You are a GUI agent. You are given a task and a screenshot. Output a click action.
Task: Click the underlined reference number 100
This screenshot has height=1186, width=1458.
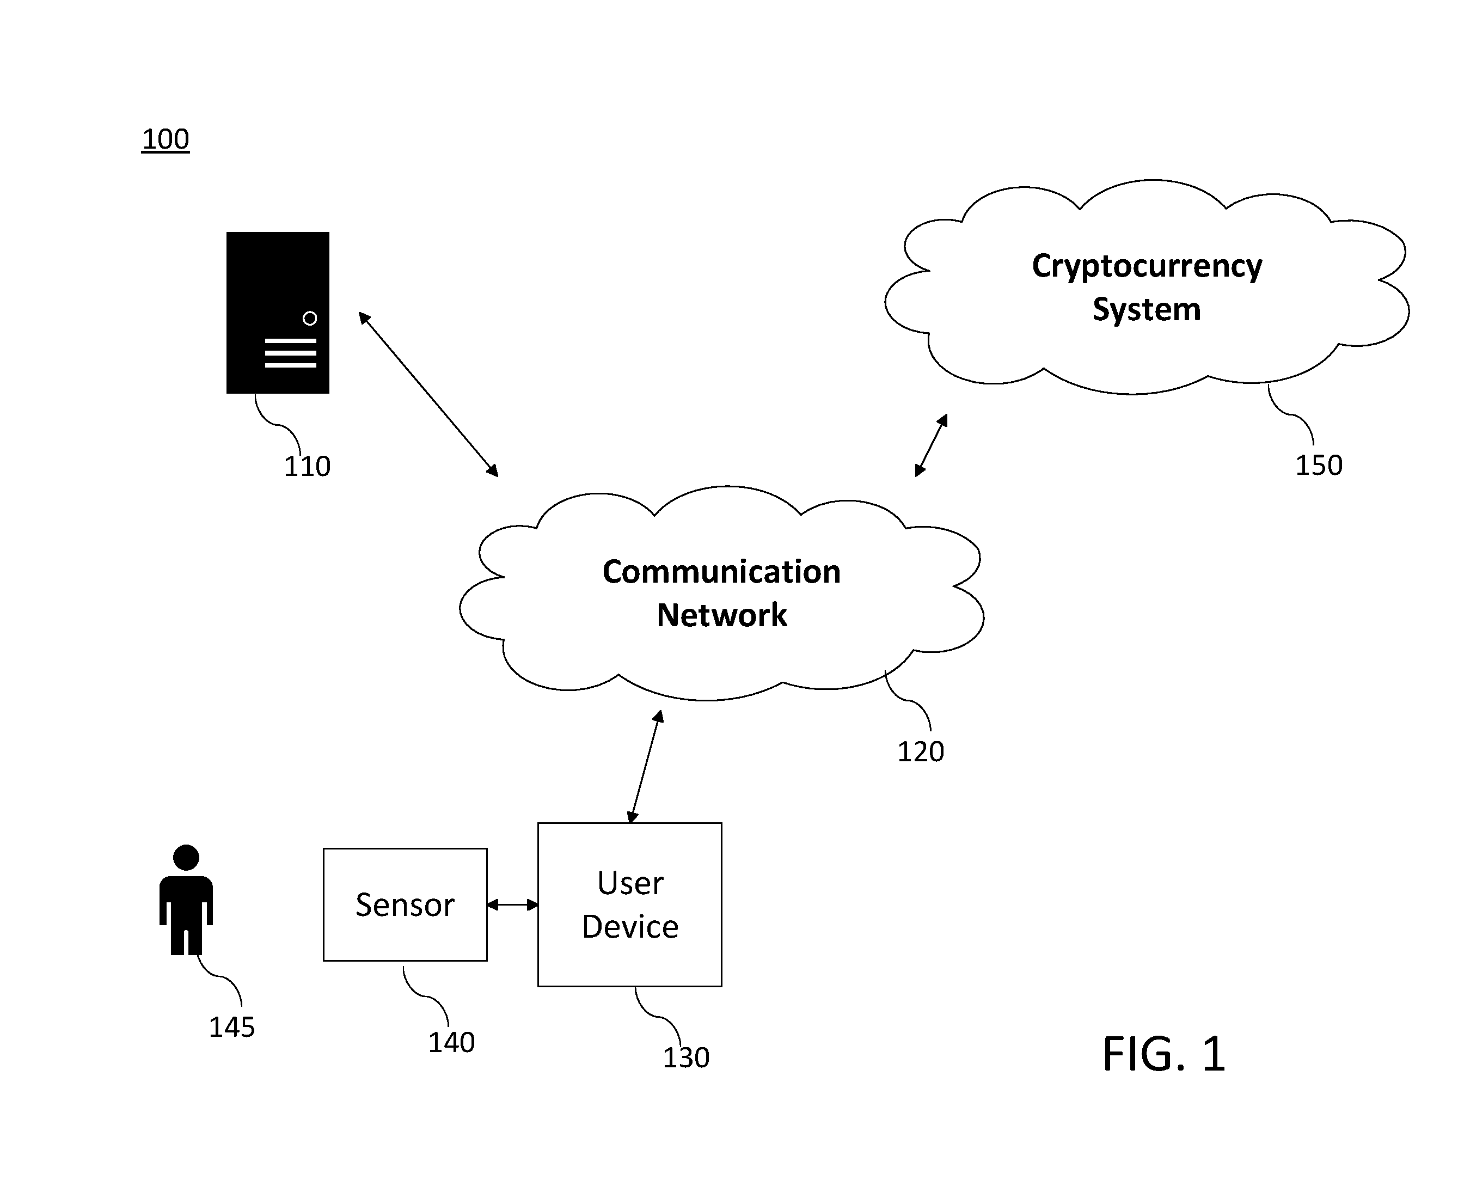166,139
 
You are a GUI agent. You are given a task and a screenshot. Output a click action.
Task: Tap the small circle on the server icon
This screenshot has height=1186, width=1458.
309,319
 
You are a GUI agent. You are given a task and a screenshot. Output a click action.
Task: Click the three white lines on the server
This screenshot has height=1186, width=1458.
290,353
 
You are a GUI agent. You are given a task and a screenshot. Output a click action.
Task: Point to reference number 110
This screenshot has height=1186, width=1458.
307,467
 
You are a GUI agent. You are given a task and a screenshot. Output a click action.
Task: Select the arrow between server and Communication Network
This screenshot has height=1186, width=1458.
428,394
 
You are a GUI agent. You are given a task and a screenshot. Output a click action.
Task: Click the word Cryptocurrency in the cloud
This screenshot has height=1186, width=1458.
1147,266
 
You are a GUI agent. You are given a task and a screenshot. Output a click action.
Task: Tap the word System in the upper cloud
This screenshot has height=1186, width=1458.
1146,309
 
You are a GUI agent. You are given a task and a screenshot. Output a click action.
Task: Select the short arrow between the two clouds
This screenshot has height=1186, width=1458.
931,445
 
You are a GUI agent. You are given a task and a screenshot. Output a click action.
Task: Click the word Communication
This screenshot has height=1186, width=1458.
721,572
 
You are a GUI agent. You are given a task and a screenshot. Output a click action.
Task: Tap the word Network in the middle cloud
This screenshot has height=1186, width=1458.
721,615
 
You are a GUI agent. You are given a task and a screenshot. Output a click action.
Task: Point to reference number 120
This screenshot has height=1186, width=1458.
920,752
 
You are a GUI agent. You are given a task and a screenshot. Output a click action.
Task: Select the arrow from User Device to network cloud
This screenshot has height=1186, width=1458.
645,767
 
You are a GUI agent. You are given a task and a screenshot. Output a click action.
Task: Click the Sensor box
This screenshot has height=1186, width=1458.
405,904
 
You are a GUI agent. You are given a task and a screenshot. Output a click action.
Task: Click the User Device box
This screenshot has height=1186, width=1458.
629,904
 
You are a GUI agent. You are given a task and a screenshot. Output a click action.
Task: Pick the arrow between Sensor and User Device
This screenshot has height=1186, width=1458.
512,905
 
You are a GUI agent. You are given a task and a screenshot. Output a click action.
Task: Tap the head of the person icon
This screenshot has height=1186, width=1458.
186,858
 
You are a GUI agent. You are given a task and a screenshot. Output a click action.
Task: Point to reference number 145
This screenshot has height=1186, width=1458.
231,1028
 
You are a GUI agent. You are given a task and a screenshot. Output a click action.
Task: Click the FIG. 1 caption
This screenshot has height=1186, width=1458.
1163,1054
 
